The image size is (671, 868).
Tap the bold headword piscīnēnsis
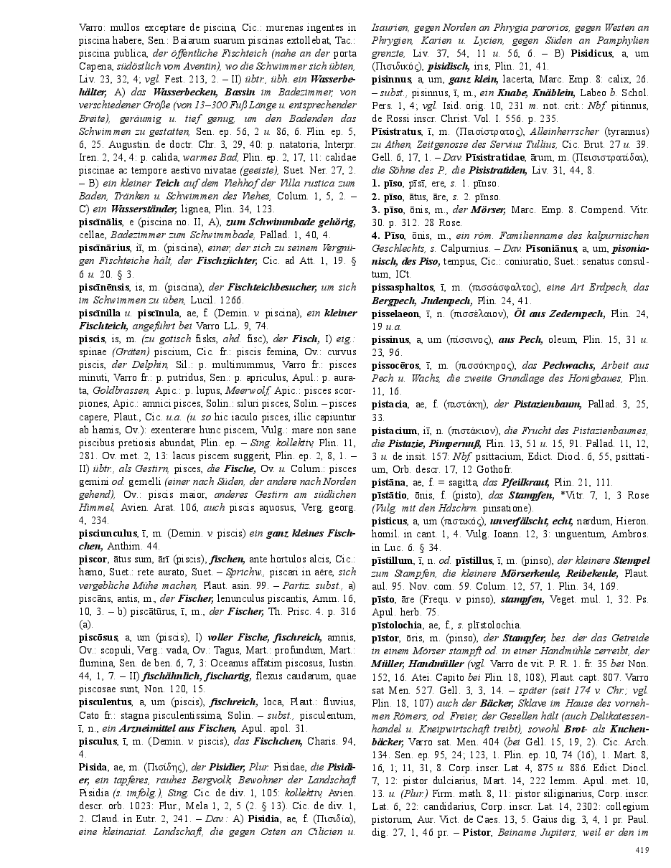click(104, 286)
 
